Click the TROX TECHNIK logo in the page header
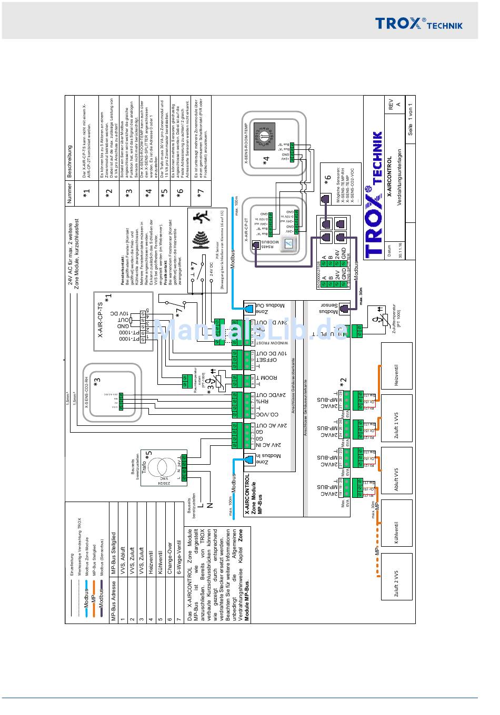(418, 24)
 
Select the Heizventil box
(396, 375)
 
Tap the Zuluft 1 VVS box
(396, 425)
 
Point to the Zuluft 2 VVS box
(396, 583)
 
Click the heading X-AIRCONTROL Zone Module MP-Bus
(253, 494)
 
